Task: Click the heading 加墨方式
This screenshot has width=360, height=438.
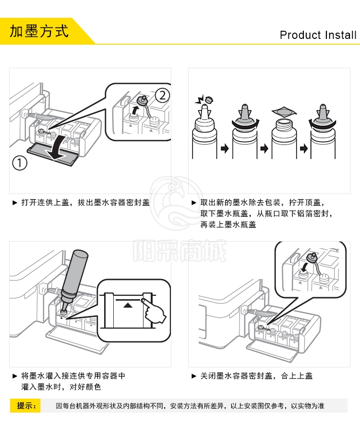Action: click(39, 31)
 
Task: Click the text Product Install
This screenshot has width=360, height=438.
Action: click(318, 35)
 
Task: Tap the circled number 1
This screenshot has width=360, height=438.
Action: click(20, 163)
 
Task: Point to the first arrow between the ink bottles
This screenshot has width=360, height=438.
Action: click(225, 148)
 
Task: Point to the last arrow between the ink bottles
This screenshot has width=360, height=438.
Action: click(304, 148)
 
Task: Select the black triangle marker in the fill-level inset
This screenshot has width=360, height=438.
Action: click(128, 305)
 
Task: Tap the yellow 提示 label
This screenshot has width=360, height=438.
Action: click(25, 405)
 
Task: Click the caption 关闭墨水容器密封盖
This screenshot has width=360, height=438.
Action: click(236, 376)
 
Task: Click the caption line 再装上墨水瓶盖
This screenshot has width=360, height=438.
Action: click(228, 225)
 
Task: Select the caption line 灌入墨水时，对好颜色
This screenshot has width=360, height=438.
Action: click(61, 387)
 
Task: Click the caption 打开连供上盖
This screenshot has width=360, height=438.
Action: click(45, 202)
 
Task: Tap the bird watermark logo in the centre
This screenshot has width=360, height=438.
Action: click(177, 203)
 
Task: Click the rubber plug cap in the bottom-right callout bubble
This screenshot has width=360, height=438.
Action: click(312, 257)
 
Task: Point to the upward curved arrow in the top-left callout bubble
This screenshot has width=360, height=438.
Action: click(135, 110)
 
